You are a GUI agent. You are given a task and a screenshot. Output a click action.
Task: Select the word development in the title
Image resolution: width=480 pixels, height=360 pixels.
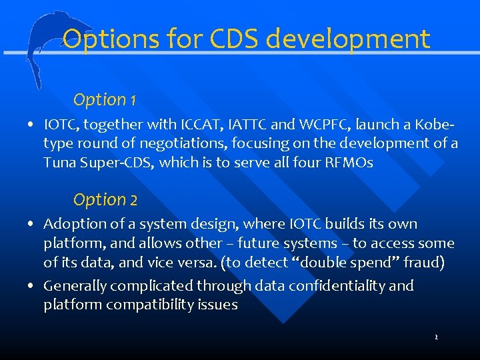[x=349, y=39]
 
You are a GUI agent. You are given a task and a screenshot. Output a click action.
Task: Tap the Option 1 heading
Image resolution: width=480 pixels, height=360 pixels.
[x=105, y=100]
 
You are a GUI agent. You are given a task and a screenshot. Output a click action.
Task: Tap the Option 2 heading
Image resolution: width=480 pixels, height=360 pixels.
[x=105, y=199]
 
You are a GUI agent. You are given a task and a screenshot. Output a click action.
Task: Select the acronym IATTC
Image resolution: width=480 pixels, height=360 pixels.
[x=253, y=124]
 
